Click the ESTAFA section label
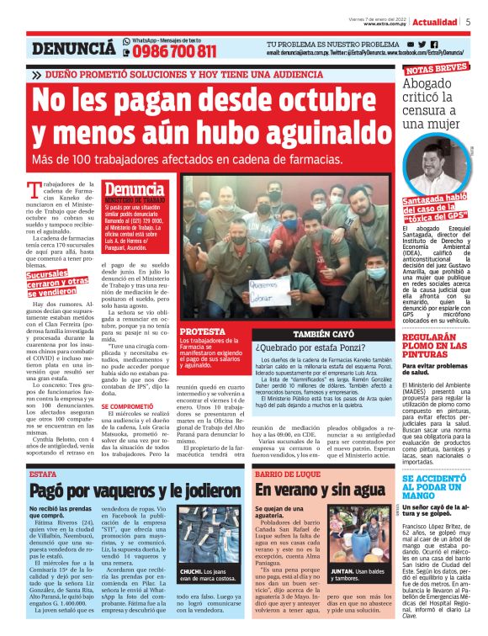coord(43,474)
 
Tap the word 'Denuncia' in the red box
coord(135,190)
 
